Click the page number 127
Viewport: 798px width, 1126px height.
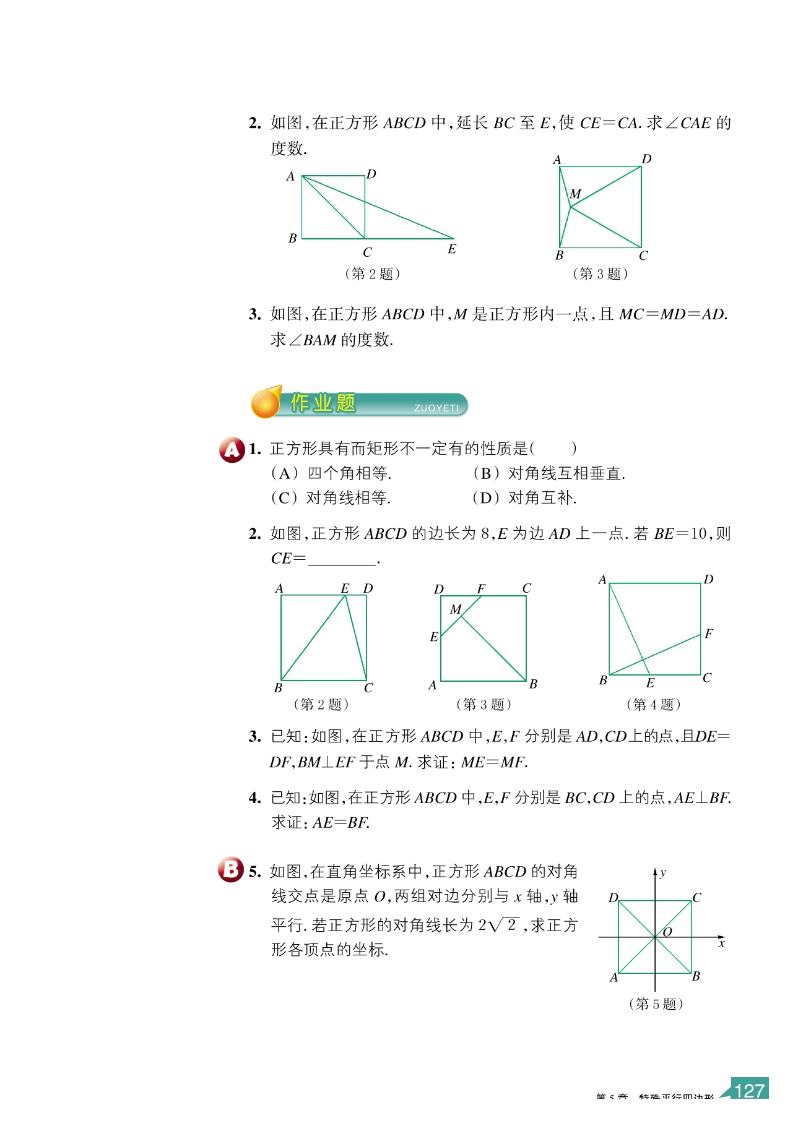click(x=749, y=1090)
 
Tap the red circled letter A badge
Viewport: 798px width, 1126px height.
click(x=232, y=450)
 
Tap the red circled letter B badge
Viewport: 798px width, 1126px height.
click(x=231, y=869)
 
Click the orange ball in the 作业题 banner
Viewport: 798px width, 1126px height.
click(x=266, y=403)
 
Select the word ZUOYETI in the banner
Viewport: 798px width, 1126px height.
click(x=436, y=408)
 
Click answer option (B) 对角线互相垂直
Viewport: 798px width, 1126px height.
click(x=549, y=474)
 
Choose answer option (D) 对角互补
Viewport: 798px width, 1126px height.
click(x=524, y=498)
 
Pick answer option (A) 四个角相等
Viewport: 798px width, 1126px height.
click(x=331, y=474)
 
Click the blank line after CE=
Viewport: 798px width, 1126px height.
click(x=342, y=561)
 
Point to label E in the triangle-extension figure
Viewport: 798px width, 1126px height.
click(x=452, y=249)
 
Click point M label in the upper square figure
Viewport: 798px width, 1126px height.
click(x=576, y=194)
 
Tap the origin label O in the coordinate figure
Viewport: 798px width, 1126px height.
click(x=667, y=932)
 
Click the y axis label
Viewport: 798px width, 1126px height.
click(x=663, y=873)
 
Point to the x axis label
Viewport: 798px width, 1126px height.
click(x=721, y=943)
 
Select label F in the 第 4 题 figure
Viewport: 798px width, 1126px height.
click(x=709, y=634)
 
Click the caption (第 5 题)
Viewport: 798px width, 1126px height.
click(x=656, y=1004)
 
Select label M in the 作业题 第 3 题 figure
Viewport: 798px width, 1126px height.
click(x=456, y=609)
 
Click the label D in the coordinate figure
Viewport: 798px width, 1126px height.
click(x=613, y=898)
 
